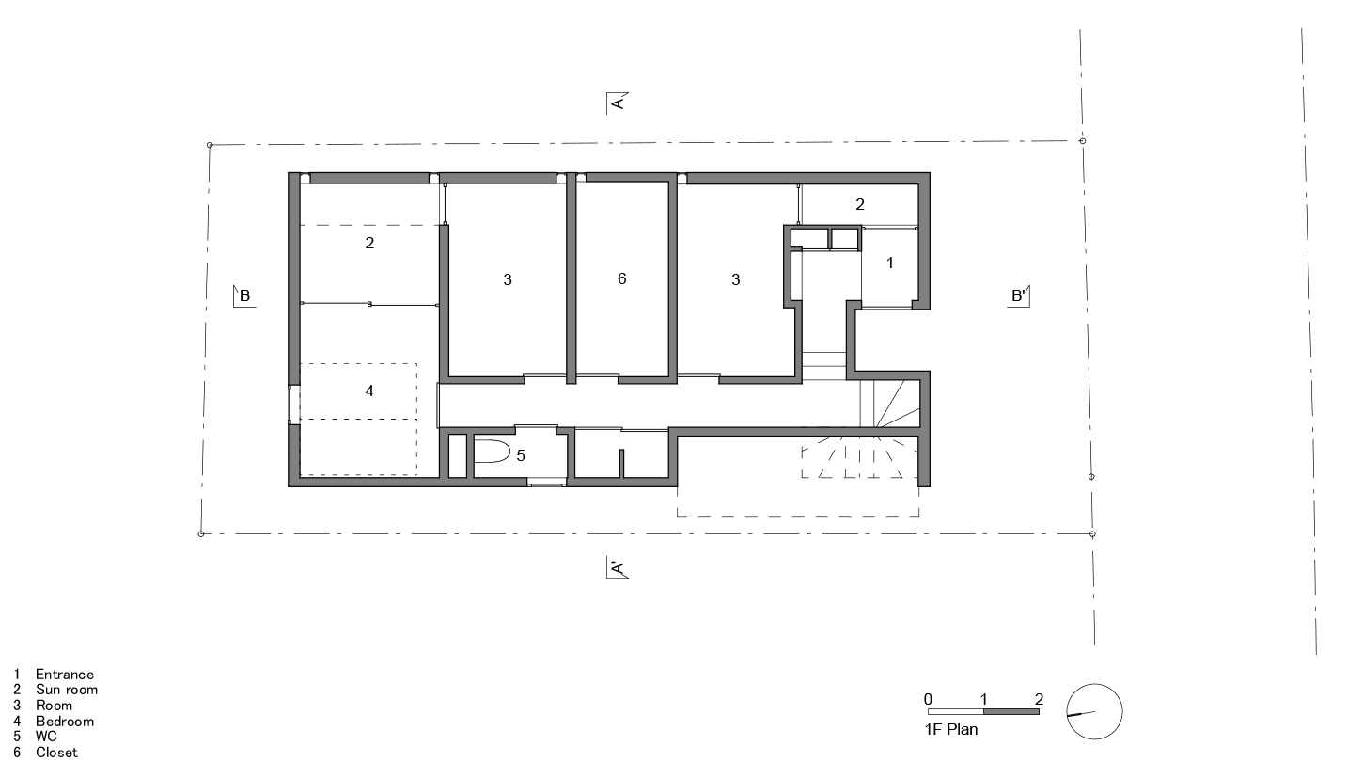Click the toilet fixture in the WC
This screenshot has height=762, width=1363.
point(491,453)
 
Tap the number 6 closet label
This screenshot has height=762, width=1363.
point(622,278)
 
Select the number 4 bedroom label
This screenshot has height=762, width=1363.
point(369,390)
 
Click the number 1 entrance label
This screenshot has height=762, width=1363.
point(890,263)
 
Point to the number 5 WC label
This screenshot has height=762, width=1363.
point(521,455)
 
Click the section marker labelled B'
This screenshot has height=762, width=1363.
point(1020,296)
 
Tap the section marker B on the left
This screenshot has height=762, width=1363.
point(243,296)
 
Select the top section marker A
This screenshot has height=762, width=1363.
point(617,103)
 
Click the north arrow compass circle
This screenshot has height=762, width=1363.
point(1094,712)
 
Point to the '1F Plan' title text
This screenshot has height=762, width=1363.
point(950,729)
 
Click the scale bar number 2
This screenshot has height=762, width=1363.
point(1039,699)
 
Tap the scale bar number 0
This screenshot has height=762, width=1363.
point(928,699)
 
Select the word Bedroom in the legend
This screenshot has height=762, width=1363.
point(65,721)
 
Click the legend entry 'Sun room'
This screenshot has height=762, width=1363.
point(66,690)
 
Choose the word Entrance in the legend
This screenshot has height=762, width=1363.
point(65,675)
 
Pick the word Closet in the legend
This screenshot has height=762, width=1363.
point(56,753)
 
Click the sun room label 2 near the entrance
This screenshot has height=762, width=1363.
point(859,203)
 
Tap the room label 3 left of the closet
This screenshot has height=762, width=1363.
point(508,279)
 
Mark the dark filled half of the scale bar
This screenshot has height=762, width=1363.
point(1010,712)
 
